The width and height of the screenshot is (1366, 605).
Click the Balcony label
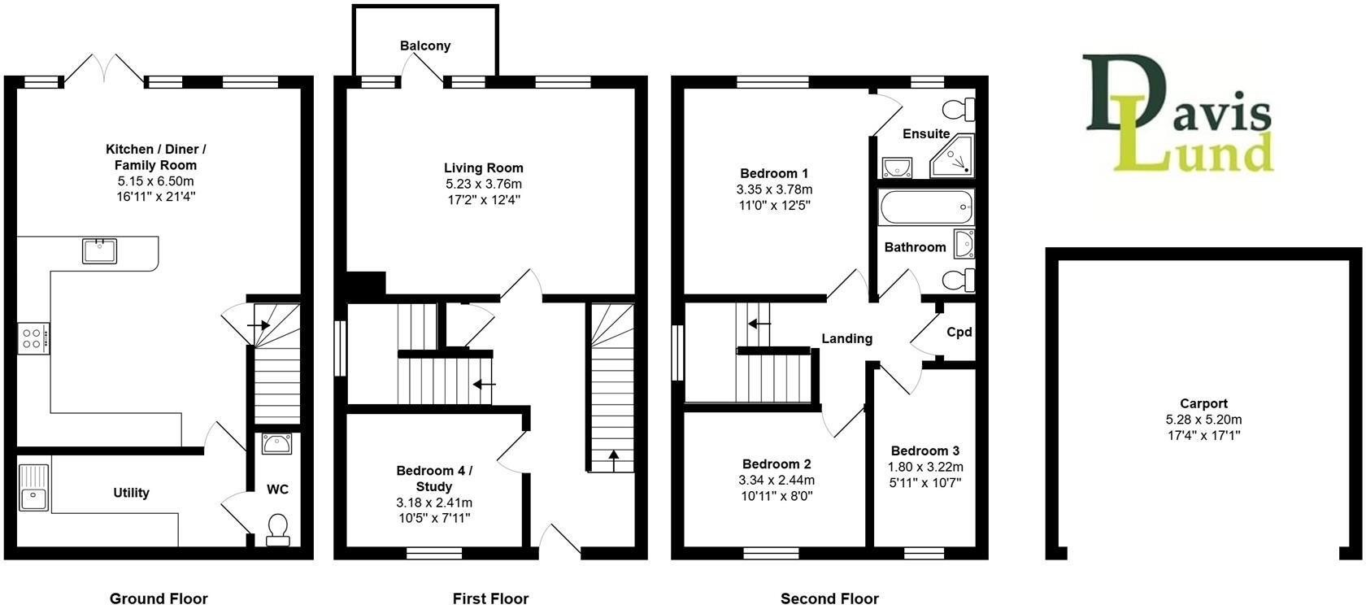tap(424, 46)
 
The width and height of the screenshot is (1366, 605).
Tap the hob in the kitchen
tap(33, 338)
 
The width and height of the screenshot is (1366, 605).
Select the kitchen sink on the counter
tap(99, 250)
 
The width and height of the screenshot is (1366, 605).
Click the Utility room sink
tap(33, 487)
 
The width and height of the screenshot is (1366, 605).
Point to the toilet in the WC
tap(277, 529)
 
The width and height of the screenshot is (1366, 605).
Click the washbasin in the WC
tap(277, 445)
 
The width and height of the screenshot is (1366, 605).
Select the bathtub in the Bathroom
tap(926, 207)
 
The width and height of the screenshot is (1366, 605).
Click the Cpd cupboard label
tap(959, 332)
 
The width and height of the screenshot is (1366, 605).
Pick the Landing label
tap(846, 338)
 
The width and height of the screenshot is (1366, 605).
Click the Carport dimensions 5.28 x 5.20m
tap(1203, 420)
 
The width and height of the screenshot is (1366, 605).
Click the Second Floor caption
tap(829, 598)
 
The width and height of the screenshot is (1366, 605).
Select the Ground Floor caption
tap(159, 598)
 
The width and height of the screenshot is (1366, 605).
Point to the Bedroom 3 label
tap(924, 450)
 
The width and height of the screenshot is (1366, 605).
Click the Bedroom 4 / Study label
tap(434, 478)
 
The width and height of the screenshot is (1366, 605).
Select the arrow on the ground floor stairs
tap(259, 325)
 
